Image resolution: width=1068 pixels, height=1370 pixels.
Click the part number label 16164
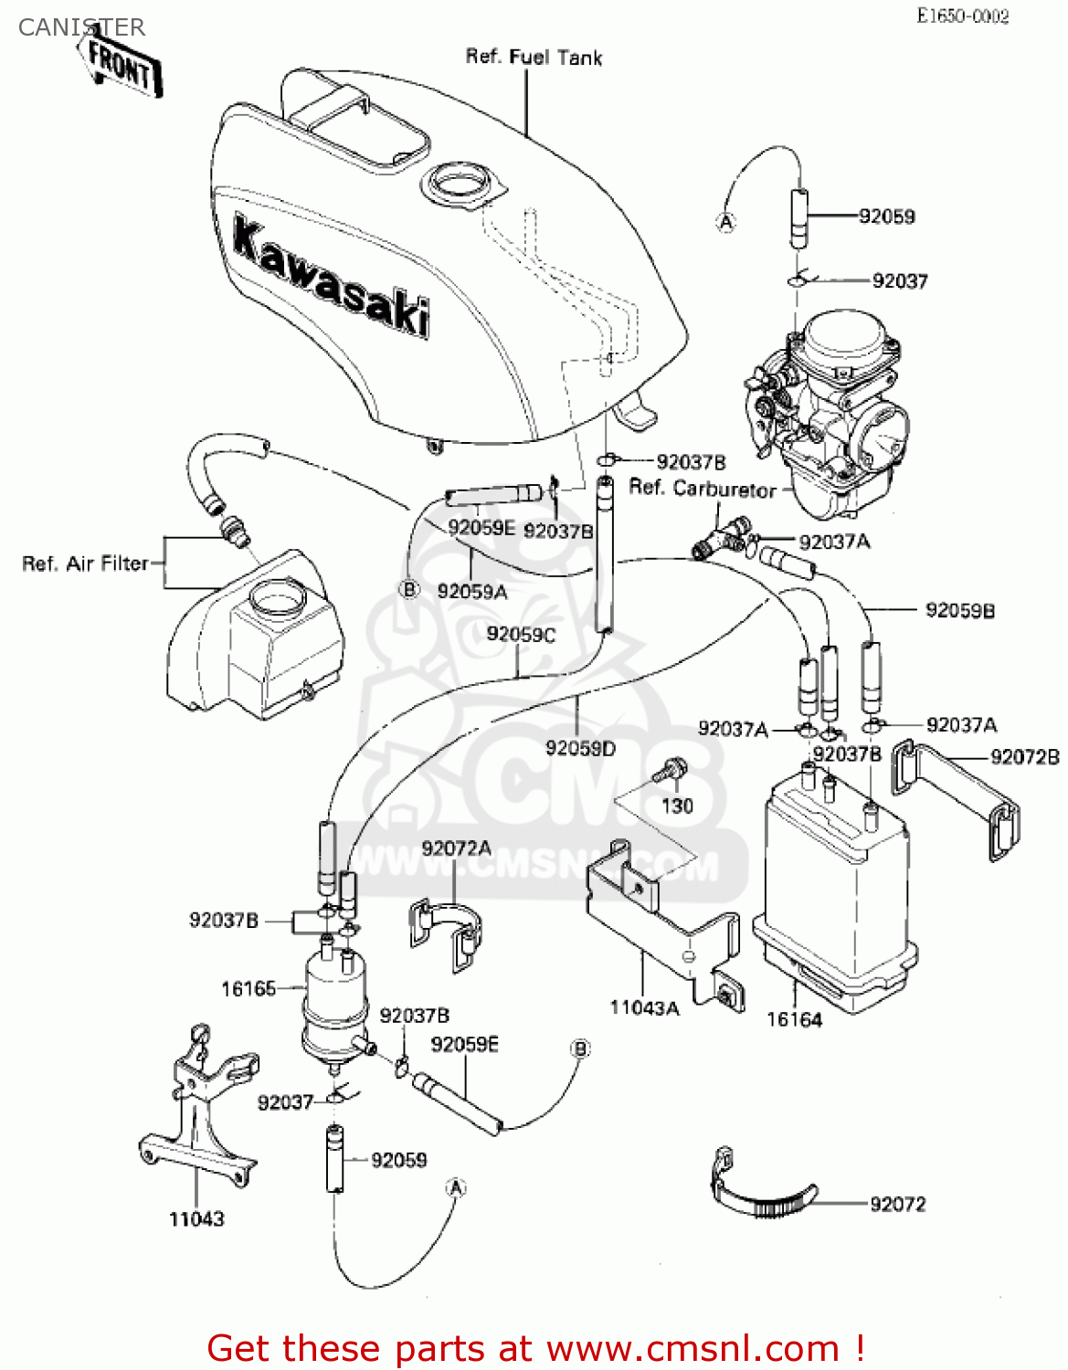pos(794,1019)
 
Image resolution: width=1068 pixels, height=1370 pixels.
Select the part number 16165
pos(248,988)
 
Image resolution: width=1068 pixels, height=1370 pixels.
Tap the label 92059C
pos(520,634)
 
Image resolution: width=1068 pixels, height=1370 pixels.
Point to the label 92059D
pos(580,748)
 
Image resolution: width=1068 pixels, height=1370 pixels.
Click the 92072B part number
pos(1025,756)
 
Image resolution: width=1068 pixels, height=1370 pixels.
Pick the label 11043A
pos(644,1007)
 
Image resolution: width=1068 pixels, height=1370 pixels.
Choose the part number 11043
pos(196,1218)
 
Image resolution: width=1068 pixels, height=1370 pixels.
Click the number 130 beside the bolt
pos(677,806)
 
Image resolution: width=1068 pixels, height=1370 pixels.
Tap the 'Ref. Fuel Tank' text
pos(534,57)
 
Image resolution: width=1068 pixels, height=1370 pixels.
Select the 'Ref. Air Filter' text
pos(85,564)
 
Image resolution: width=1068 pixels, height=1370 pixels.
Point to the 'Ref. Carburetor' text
pos(702,489)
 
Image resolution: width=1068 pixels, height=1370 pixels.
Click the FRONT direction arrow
pos(122,67)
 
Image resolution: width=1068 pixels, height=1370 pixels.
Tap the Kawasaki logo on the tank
pos(331,275)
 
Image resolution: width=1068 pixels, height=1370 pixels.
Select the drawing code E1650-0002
pos(963,16)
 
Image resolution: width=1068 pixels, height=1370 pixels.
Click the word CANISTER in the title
pos(81,27)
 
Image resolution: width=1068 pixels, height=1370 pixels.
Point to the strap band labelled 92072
pos(763,1193)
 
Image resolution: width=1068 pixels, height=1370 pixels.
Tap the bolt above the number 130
pos(672,769)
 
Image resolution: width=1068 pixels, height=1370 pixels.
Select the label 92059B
pos(959,610)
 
